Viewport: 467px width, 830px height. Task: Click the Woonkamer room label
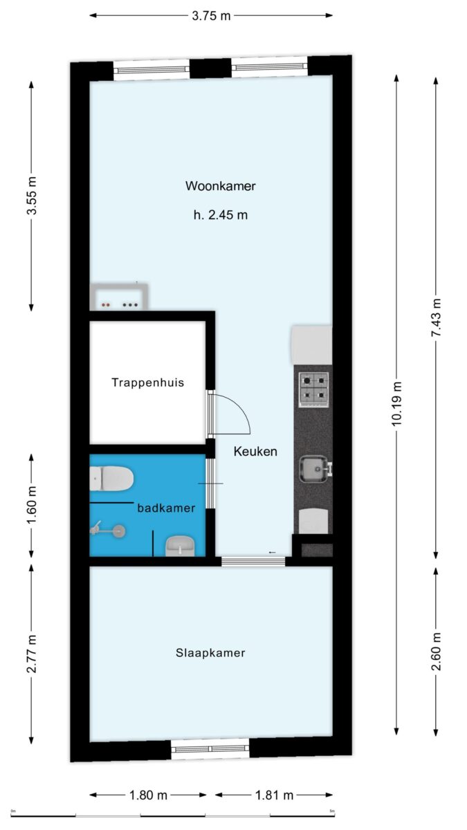pos(221,185)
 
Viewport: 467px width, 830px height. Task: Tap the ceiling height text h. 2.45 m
pos(221,215)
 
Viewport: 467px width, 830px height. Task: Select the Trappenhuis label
pos(148,382)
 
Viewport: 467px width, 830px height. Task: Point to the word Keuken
pos(255,451)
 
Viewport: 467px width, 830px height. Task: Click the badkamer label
pos(167,508)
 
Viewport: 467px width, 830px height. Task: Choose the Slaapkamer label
pos(210,652)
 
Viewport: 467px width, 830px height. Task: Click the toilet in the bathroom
pos(111,479)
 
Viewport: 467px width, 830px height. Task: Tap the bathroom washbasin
pos(180,546)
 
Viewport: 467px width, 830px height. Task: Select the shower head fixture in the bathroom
pos(108,531)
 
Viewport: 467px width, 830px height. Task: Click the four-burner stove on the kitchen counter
pos(314,390)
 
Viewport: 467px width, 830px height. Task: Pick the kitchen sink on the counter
pos(315,470)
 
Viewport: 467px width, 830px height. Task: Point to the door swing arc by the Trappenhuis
pos(237,407)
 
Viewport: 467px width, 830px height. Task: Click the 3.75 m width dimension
pos(211,15)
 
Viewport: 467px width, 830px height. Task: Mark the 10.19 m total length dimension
pos(396,404)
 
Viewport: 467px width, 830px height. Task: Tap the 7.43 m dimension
pos(436,317)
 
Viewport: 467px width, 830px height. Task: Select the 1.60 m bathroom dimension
pos(32,506)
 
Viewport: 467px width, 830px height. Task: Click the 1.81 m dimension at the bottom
pos(274,795)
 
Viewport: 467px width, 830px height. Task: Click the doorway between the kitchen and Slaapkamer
pos(253,562)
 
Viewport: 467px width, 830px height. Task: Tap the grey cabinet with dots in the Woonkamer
pos(119,297)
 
